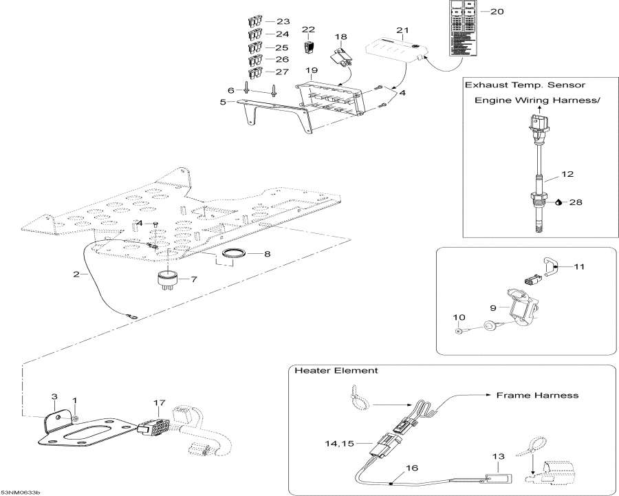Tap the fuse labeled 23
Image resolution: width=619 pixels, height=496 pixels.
pos(254,22)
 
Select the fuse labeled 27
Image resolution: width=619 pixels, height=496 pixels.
pos(254,72)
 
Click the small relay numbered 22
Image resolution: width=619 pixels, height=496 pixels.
pos(309,47)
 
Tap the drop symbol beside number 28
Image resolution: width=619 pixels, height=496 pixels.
pos(559,202)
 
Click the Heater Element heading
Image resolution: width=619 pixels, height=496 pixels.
pos(336,371)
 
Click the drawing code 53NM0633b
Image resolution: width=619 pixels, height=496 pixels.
pos(21,492)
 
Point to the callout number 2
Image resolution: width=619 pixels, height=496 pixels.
pos(76,275)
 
